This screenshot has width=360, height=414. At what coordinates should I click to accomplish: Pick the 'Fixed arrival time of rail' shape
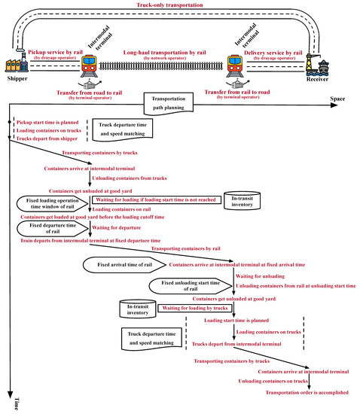(x=124, y=265)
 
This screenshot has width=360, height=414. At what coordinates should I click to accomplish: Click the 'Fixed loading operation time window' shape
(x=53, y=205)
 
